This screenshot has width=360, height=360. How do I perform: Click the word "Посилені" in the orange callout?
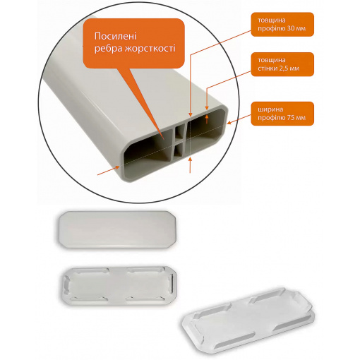pyautogui.click(x=115, y=37)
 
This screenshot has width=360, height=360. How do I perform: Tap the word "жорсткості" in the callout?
pyautogui.click(x=150, y=49)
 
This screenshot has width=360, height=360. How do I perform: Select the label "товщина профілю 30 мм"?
pyautogui.click(x=282, y=25)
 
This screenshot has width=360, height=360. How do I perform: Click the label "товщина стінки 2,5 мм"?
pyautogui.click(x=282, y=64)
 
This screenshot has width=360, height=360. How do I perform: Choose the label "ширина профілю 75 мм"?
pyautogui.click(x=282, y=114)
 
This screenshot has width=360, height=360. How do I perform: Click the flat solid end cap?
pyautogui.click(x=117, y=229)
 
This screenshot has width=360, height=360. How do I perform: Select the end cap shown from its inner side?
pyautogui.click(x=117, y=285)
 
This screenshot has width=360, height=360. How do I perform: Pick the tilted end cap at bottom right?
pyautogui.click(x=248, y=323)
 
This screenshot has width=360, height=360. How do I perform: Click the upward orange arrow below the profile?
pyautogui.click(x=190, y=165)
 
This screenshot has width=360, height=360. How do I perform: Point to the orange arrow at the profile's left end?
pyautogui.click(x=108, y=171)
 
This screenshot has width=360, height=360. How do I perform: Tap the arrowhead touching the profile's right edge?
pyautogui.click(x=229, y=122)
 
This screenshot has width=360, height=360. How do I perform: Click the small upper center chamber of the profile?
pyautogui.click(x=180, y=132)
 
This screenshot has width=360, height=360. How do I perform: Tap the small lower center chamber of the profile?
pyautogui.click(x=179, y=150)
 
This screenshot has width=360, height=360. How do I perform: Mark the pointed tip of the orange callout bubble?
pyautogui.click(x=164, y=140)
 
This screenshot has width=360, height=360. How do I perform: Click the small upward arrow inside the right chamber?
pyautogui.click(x=207, y=119)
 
